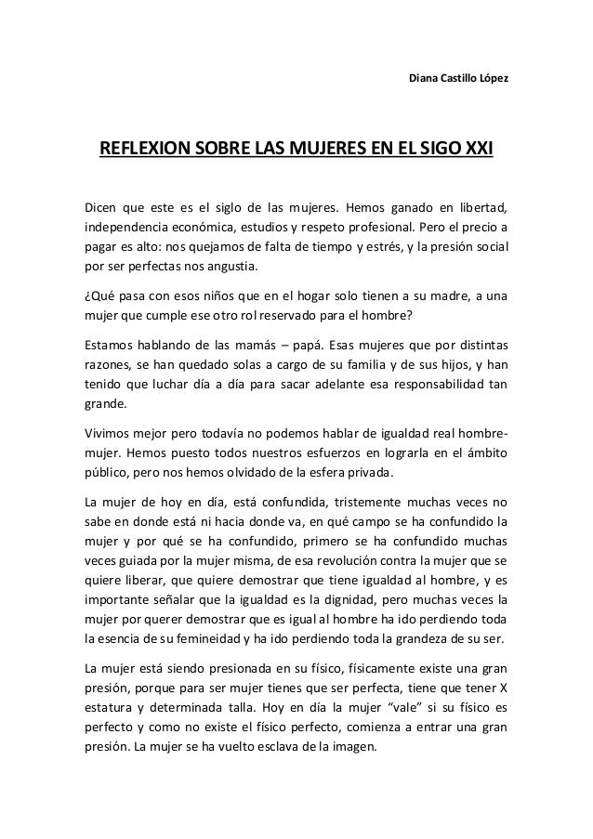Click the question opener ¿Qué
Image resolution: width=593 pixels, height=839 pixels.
(x=99, y=296)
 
